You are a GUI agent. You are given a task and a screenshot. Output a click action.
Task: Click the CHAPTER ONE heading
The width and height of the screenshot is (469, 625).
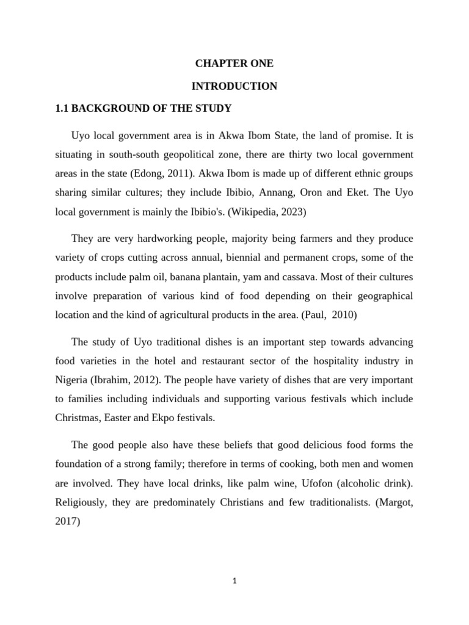pos(234,63)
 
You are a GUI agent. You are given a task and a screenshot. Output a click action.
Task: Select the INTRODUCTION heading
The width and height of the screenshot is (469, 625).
pos(234,86)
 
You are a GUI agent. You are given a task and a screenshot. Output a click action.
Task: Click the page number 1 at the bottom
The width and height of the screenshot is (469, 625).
pos(234,581)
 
